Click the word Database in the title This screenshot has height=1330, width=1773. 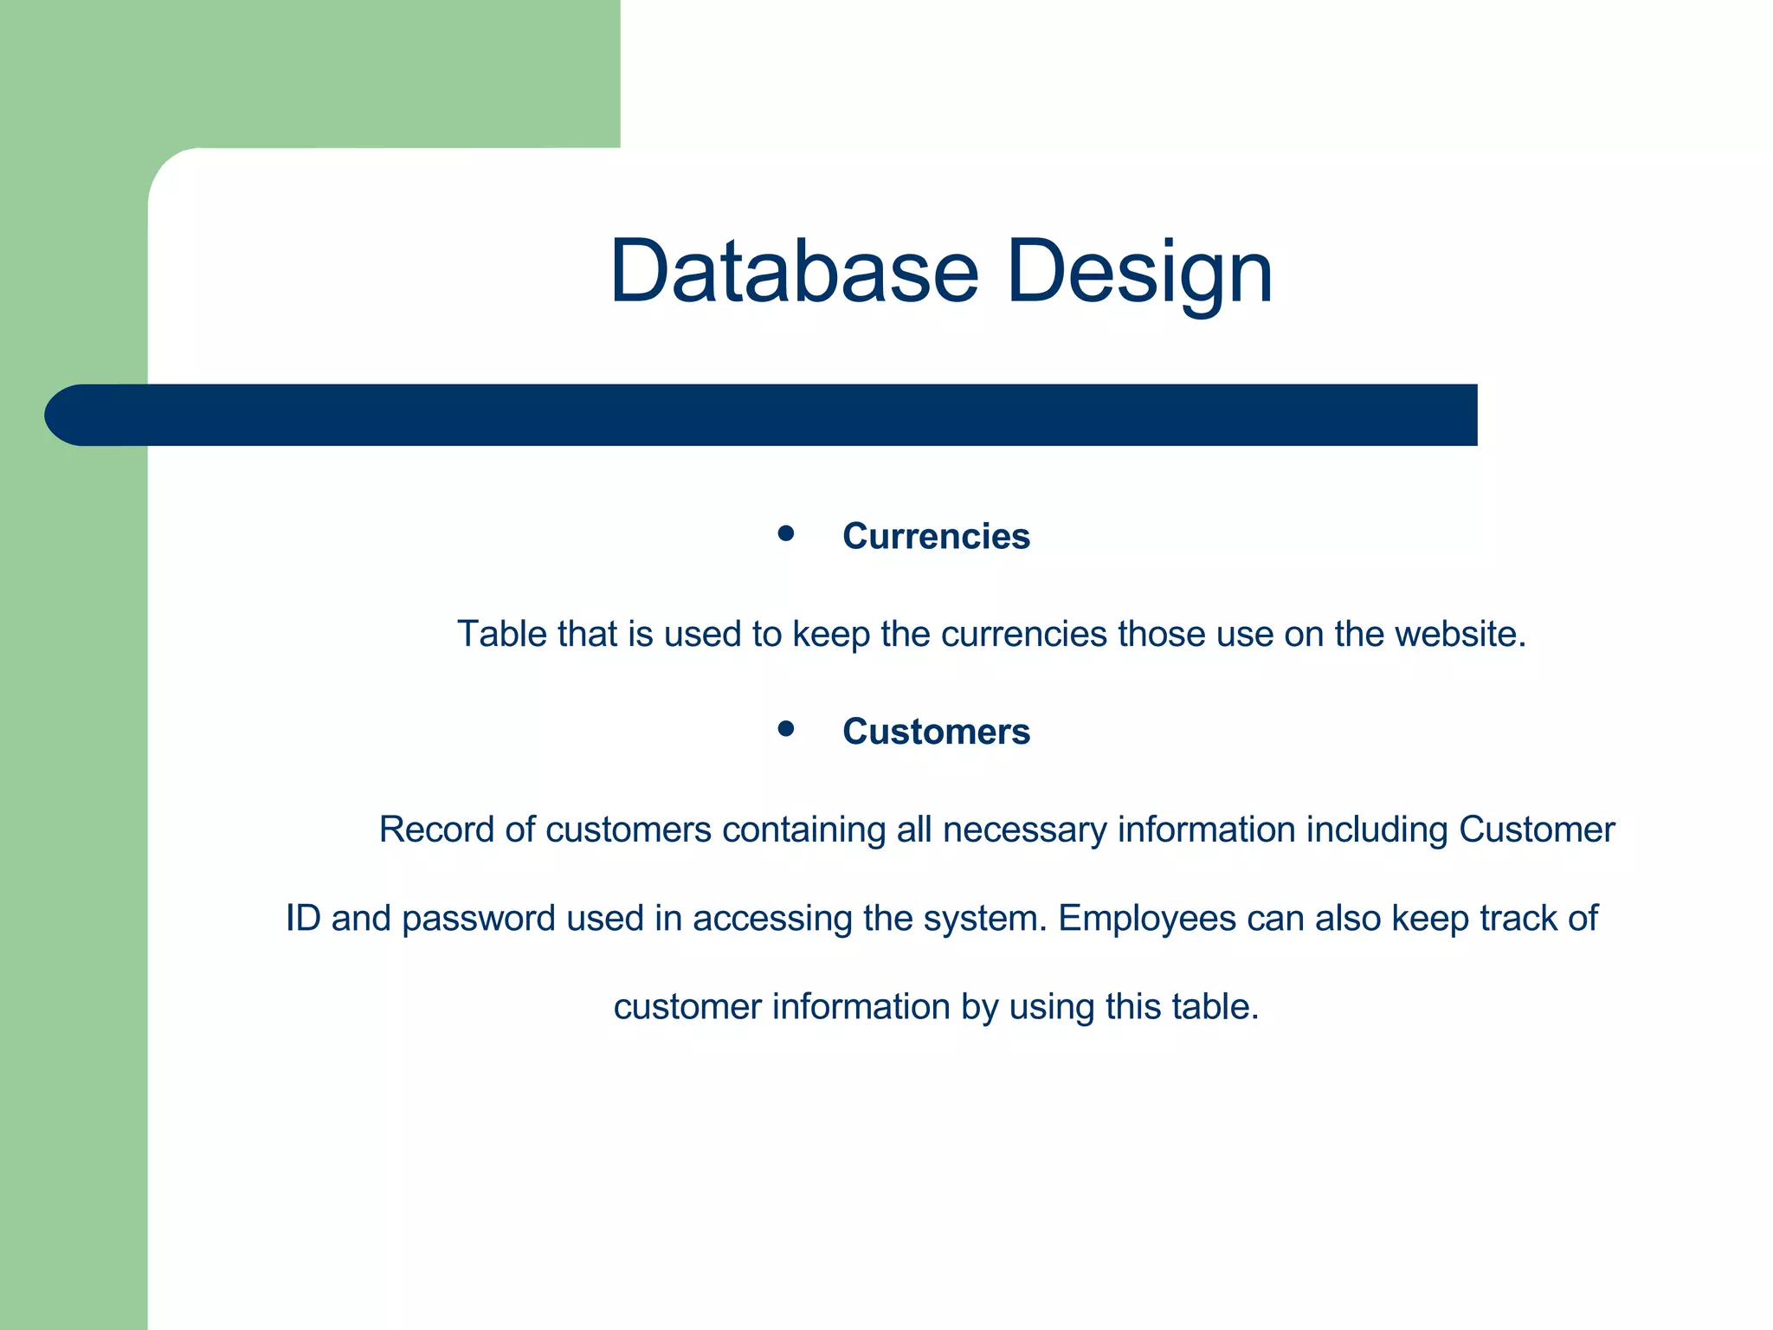pyautogui.click(x=794, y=272)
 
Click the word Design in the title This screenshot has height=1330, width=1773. pyautogui.click(x=1139, y=272)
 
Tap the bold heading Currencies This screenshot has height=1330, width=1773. pyautogui.click(x=936, y=536)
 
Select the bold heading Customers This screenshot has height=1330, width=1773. pyautogui.click(x=936, y=732)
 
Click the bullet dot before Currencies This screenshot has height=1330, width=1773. pyautogui.click(x=786, y=533)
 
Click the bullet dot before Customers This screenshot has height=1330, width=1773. pyautogui.click(x=786, y=729)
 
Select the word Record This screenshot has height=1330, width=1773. pyautogui.click(x=436, y=830)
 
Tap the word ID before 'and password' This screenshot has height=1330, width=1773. pyautogui.click(x=303, y=919)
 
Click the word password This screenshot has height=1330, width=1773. pyautogui.click(x=479, y=919)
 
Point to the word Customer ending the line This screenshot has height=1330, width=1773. pyautogui.click(x=1537, y=830)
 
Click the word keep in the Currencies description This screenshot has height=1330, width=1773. pyautogui.click(x=831, y=634)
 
